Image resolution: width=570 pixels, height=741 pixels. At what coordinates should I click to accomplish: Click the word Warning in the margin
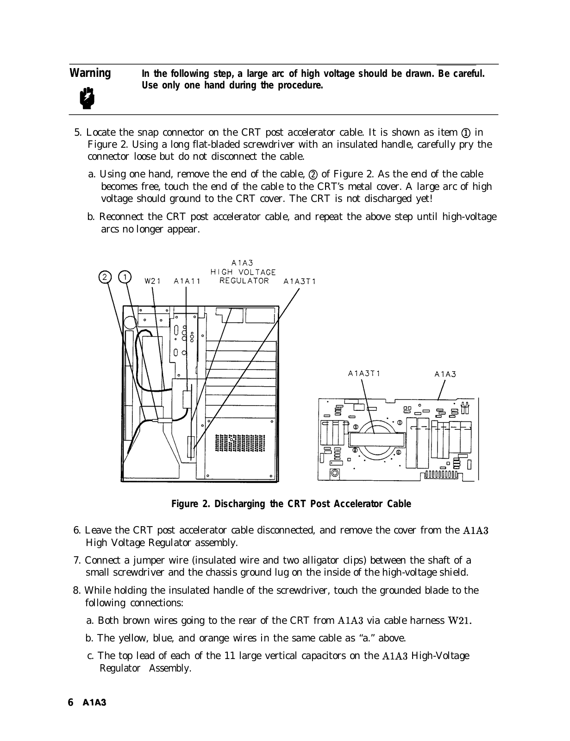tap(90, 74)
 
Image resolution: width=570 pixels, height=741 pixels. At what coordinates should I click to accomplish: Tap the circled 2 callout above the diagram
tap(105, 277)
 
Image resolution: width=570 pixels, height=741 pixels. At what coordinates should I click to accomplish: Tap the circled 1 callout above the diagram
tap(124, 277)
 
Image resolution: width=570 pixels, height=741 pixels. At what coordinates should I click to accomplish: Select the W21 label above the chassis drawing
tap(152, 281)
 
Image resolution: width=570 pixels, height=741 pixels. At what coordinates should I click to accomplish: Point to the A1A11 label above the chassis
tap(187, 281)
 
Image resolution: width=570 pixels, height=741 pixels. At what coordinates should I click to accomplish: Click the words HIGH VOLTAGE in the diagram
tap(243, 272)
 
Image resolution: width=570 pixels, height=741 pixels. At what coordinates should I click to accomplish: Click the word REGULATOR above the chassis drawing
tap(244, 281)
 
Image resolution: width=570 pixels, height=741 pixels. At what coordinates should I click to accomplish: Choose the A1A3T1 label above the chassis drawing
tap(300, 281)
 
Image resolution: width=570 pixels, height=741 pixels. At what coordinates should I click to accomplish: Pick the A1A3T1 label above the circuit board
tap(364, 373)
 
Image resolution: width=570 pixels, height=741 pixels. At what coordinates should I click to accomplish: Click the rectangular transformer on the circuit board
tap(377, 440)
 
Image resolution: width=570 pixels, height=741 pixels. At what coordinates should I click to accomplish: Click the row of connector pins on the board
tap(441, 475)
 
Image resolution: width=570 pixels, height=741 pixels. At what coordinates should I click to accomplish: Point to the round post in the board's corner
tap(333, 473)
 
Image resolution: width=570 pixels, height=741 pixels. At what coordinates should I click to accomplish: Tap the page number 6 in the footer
tap(71, 702)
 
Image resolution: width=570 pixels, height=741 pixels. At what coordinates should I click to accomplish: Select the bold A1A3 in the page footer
tap(94, 703)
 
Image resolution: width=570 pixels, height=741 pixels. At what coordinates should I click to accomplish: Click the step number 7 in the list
tap(76, 560)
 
